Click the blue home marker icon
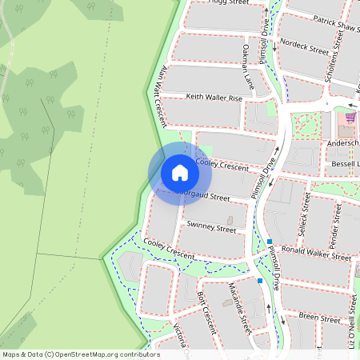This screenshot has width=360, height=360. point(179,172)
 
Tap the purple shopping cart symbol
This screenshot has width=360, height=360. point(350,116)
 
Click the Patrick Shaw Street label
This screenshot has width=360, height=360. point(336,24)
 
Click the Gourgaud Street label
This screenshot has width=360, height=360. point(205,194)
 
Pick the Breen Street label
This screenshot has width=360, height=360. point(318,318)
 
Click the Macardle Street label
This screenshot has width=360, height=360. point(238,307)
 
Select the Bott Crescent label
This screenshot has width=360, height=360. point(206,309)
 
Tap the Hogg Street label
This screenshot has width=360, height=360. point(228,3)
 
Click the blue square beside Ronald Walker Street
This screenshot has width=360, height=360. point(270,242)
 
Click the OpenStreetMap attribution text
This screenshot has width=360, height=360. point(80,354)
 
